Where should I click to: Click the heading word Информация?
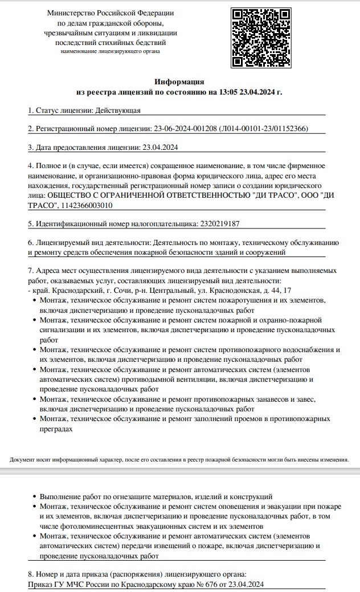[x=179, y=82]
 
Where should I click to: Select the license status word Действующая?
[x=117, y=110]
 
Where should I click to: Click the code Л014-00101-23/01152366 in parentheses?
[x=264, y=129]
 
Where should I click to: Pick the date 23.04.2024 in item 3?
[x=159, y=148]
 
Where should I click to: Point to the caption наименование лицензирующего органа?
[x=111, y=51]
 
